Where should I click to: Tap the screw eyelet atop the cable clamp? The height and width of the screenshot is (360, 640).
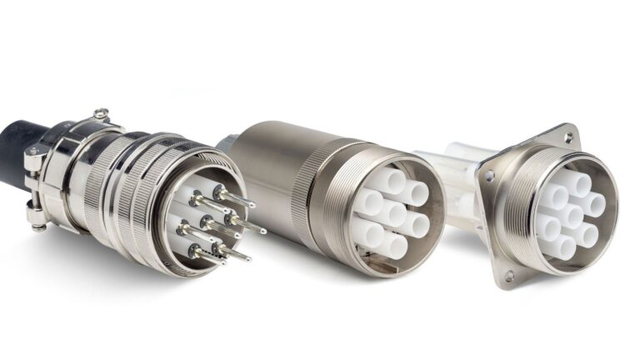(x=101, y=112)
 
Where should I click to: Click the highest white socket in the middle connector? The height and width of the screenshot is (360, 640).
(x=392, y=178)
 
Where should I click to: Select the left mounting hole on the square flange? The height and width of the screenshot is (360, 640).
(x=491, y=177)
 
